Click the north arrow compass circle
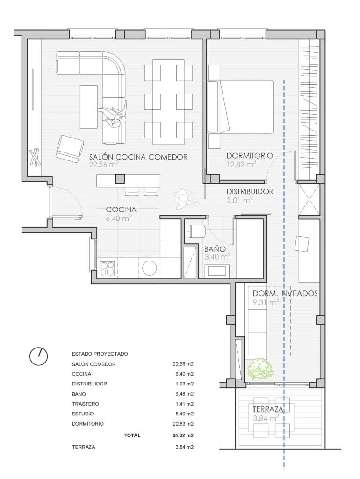click(38, 356)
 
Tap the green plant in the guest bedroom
click(259, 369)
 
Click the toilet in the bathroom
click(195, 231)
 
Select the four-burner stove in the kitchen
click(107, 269)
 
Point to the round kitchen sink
click(150, 269)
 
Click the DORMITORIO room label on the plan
click(250, 155)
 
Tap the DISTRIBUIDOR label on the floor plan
click(250, 191)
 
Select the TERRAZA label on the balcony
click(268, 409)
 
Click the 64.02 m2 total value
click(183, 435)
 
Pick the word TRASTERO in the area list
click(86, 404)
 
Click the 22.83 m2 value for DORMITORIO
click(183, 424)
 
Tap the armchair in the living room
click(70, 149)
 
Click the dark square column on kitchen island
click(120, 179)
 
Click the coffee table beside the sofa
click(88, 107)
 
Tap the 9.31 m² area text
click(266, 303)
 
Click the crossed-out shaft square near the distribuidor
click(309, 199)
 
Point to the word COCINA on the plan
click(121, 210)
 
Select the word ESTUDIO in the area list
click(83, 414)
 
